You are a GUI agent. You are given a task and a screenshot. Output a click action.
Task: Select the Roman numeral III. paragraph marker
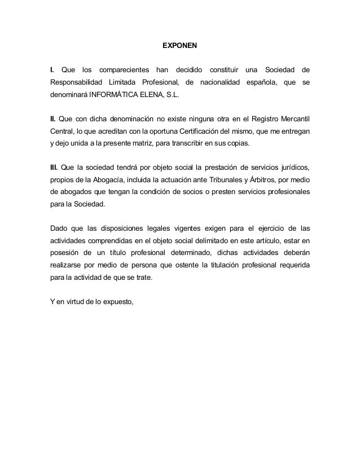click(54, 168)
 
